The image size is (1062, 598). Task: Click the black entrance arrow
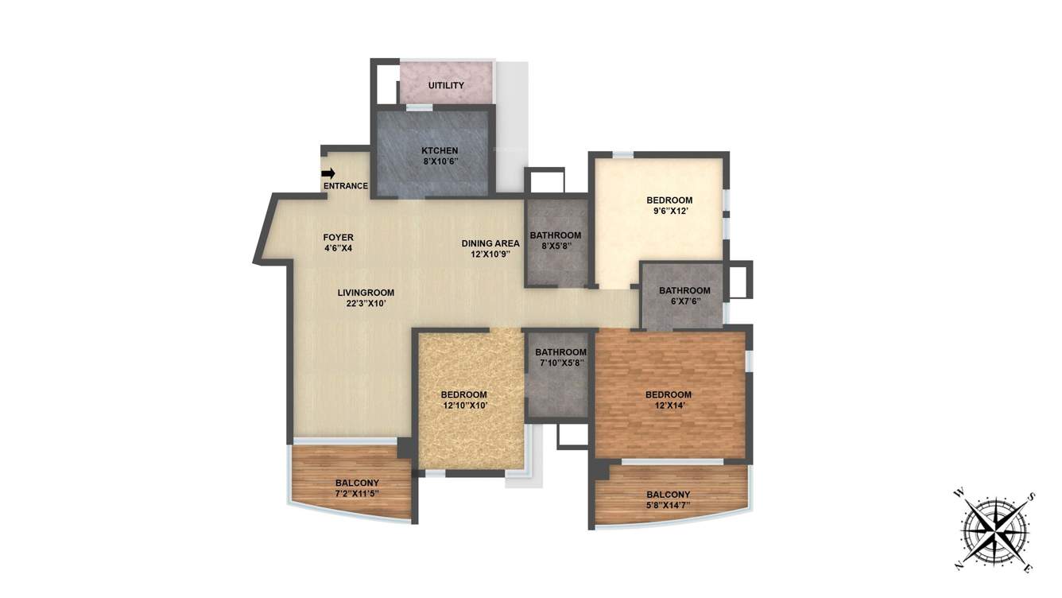[x=328, y=173]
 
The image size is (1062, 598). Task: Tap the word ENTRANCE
[x=346, y=186]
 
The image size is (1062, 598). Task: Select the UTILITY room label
[x=446, y=86]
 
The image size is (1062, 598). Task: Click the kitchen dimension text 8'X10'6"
[x=440, y=161]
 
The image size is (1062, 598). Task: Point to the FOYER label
[x=338, y=237]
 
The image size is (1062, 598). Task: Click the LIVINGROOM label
[x=366, y=293]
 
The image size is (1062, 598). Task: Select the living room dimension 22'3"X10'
[x=366, y=303]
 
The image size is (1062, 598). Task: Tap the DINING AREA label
[x=490, y=243]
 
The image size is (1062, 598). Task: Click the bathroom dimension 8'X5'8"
[x=556, y=246]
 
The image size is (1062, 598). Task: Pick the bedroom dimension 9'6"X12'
[x=669, y=211]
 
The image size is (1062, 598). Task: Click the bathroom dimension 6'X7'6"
[x=684, y=301]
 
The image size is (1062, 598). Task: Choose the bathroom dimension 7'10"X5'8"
[x=560, y=363]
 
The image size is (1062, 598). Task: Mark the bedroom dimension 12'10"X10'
[x=463, y=406]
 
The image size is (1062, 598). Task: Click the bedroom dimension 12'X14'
[x=668, y=406]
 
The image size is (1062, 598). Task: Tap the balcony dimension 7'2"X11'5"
[x=357, y=493]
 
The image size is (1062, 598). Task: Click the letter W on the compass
[x=959, y=494]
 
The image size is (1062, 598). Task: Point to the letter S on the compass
[x=1032, y=498]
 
